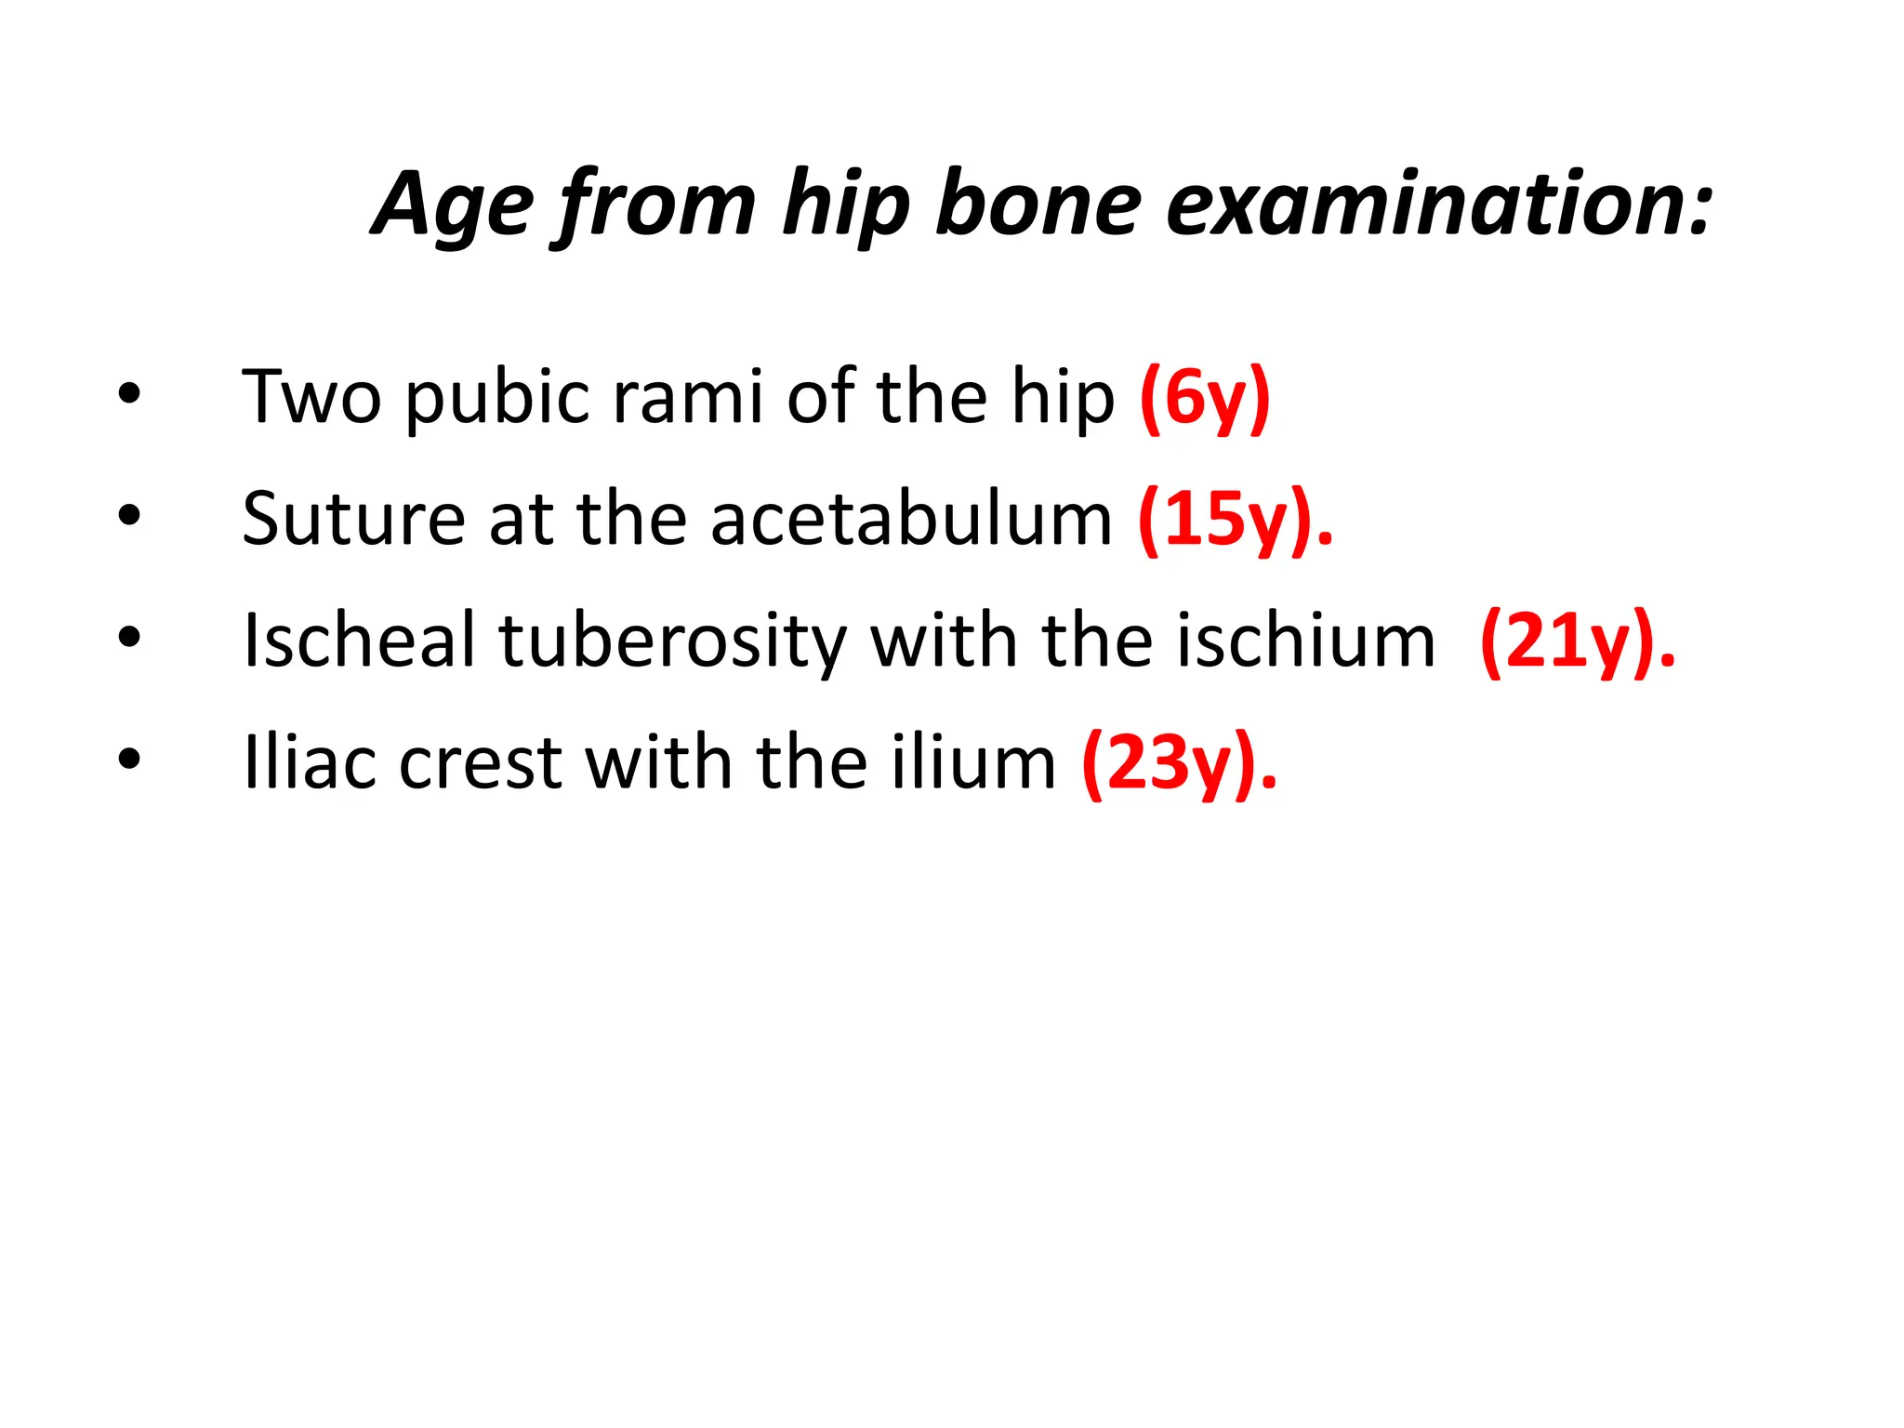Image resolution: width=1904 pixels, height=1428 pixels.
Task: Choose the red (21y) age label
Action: pyautogui.click(x=1577, y=641)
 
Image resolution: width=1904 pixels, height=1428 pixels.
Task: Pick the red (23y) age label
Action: pyautogui.click(x=1179, y=762)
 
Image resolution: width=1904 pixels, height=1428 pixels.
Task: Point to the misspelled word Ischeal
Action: pyautogui.click(x=359, y=641)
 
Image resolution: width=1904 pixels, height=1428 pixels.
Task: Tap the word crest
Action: pyautogui.click(x=481, y=762)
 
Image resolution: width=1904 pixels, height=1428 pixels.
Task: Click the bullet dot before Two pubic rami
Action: pyautogui.click(x=129, y=394)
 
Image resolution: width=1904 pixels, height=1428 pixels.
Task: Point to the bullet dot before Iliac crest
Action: pyautogui.click(x=129, y=759)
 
